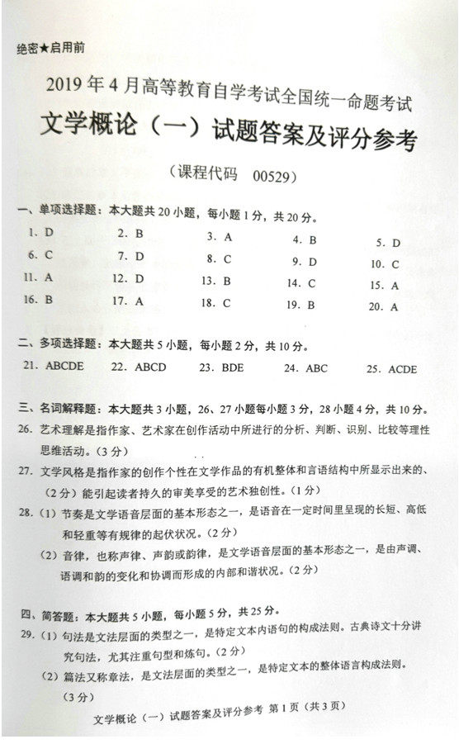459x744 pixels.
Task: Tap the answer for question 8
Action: tap(227, 258)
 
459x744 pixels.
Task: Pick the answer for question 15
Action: tap(395, 286)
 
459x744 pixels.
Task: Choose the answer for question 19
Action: tap(312, 305)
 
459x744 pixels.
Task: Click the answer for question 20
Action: tap(395, 307)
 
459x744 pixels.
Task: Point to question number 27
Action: tap(25, 471)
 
